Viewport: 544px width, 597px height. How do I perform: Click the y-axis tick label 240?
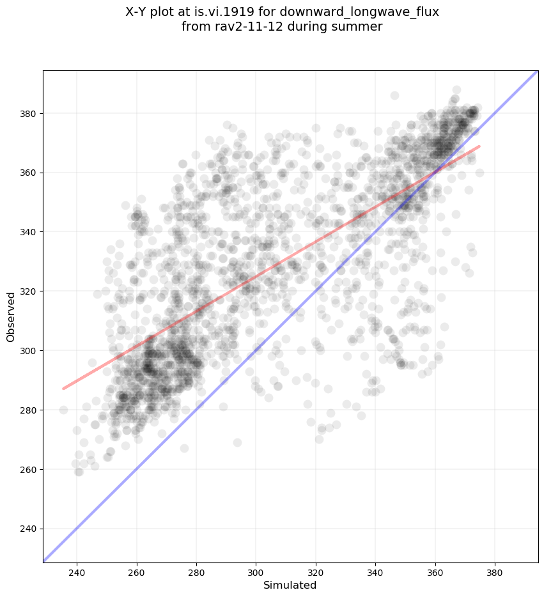click(x=29, y=529)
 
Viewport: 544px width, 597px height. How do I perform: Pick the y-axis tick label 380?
click(x=29, y=113)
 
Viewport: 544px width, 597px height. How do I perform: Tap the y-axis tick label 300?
click(x=29, y=350)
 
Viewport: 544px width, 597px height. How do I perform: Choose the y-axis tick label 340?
click(x=29, y=232)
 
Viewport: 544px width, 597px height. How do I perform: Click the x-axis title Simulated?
click(x=290, y=585)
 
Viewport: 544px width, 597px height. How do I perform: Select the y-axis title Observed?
click(x=11, y=317)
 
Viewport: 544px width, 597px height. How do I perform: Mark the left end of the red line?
click(x=63, y=388)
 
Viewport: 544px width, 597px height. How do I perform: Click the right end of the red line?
click(x=479, y=146)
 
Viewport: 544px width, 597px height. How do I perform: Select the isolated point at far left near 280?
click(x=63, y=410)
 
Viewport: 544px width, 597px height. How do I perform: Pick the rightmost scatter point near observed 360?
click(x=479, y=173)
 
